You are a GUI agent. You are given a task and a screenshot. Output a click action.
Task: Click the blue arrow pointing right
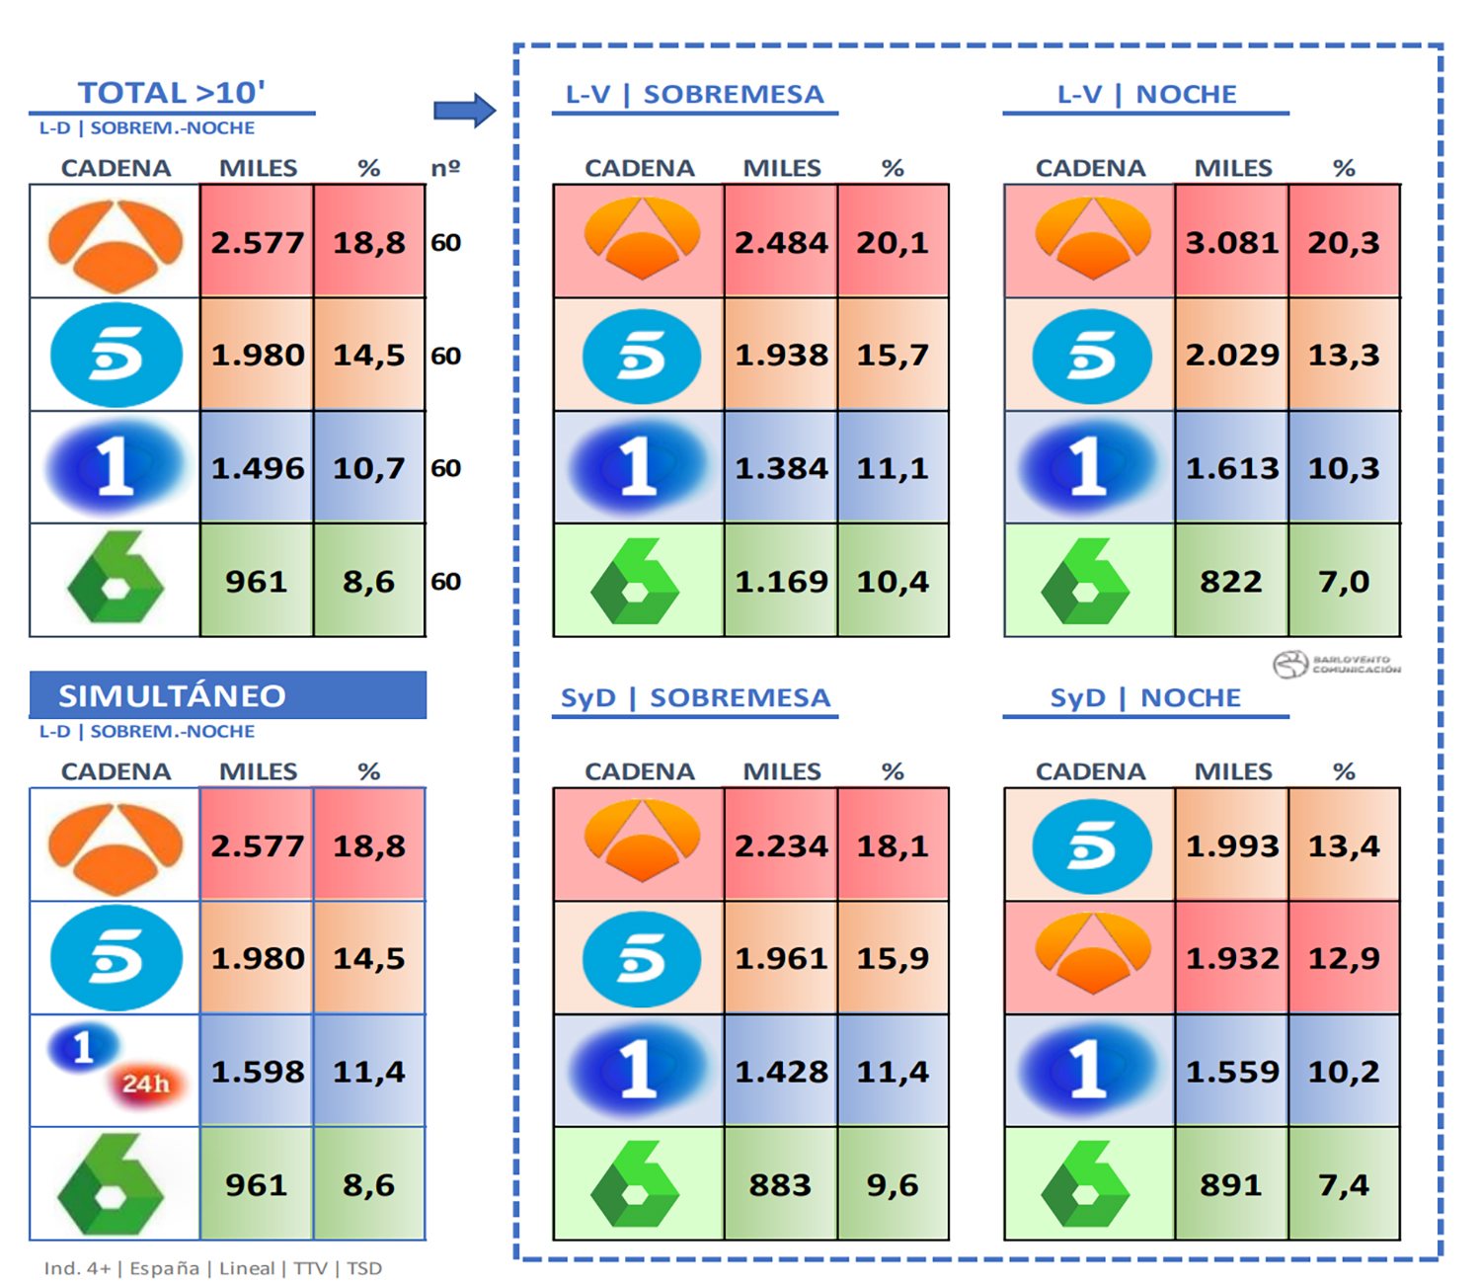[464, 110]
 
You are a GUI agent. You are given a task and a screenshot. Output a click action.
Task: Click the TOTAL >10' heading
[172, 93]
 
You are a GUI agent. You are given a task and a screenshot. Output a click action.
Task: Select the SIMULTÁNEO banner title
[172, 696]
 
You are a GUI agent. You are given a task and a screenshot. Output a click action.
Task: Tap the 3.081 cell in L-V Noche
[1231, 242]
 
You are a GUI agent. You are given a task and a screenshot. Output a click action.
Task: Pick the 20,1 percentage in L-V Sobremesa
[893, 242]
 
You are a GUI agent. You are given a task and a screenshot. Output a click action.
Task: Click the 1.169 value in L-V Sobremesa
[781, 581]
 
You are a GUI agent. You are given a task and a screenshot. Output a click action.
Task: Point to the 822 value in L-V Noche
[1231, 581]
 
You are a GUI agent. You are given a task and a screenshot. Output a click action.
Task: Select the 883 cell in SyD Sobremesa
[780, 1184]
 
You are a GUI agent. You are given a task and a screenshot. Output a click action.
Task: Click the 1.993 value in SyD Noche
[1231, 845]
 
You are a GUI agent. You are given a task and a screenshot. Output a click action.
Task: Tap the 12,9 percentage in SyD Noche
[1344, 958]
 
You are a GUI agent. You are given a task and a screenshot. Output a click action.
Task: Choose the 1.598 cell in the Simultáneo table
[257, 1072]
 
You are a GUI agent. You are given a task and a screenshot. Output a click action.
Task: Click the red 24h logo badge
[145, 1085]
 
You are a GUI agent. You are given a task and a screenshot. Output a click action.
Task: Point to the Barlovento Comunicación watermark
[1337, 665]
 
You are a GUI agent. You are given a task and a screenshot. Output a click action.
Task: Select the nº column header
[445, 168]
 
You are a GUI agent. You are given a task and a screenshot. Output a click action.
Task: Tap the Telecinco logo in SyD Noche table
[1091, 846]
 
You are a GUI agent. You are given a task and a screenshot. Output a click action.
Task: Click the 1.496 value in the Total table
[257, 468]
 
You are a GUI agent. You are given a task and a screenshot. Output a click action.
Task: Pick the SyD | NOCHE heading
[1145, 697]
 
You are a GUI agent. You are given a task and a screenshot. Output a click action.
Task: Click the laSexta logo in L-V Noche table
[1086, 582]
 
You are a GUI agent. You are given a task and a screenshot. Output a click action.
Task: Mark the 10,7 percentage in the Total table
[368, 468]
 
